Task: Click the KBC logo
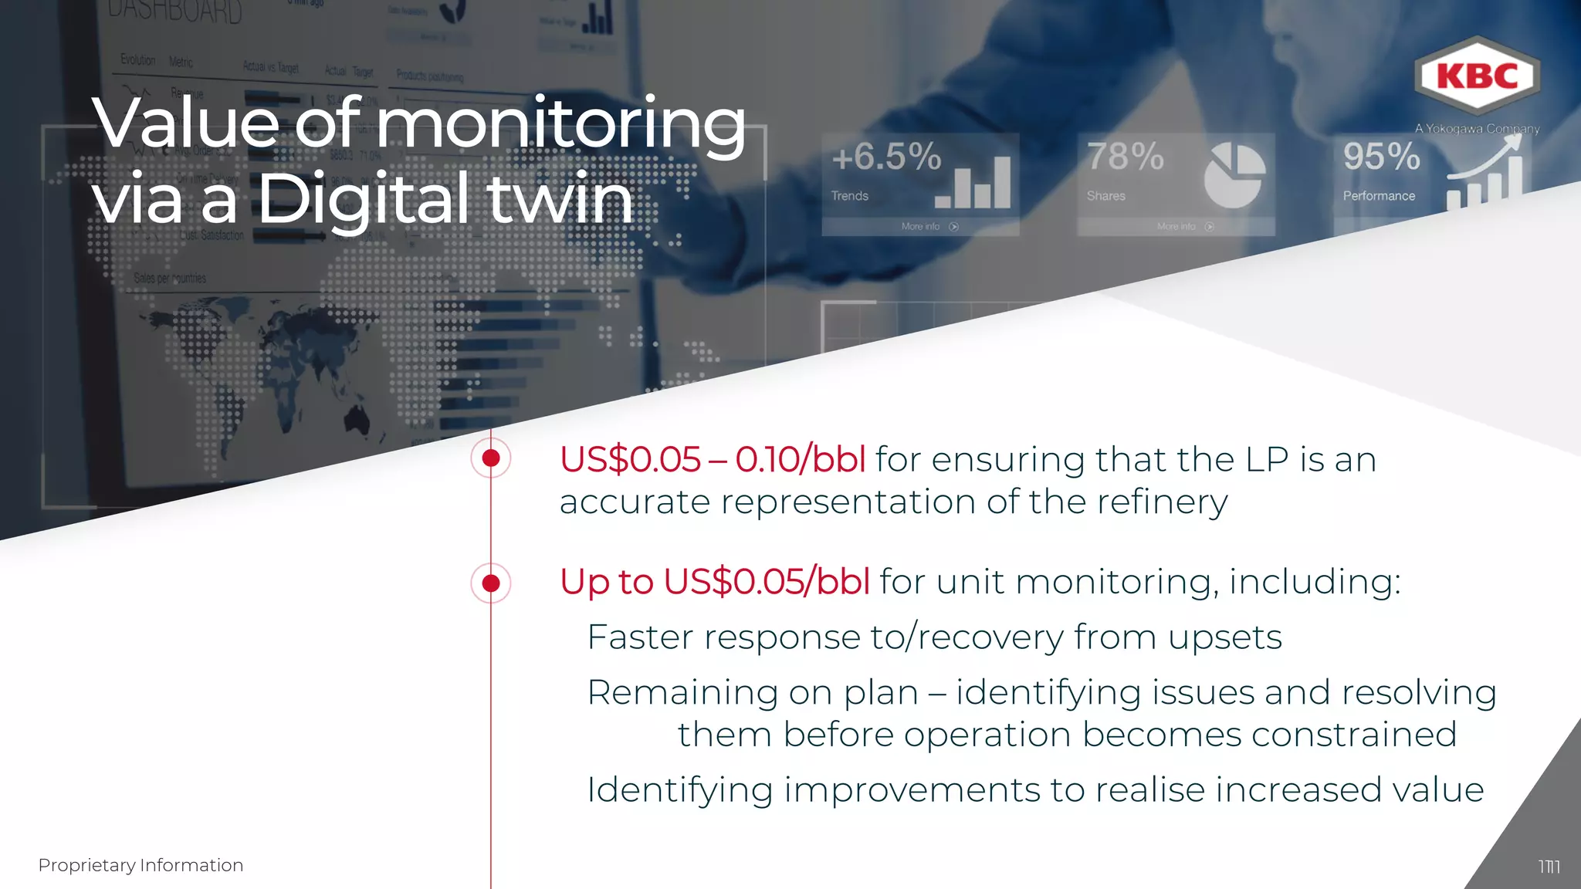(1478, 76)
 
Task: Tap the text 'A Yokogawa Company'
(1477, 129)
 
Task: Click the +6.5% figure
(886, 157)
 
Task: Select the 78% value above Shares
(1126, 157)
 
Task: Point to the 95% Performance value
(1381, 157)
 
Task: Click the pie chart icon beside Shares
(1234, 176)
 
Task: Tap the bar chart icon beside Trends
(974, 183)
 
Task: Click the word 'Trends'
(849, 196)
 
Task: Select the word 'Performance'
(1379, 196)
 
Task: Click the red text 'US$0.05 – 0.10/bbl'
(712, 460)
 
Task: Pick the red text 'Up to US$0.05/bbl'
(715, 582)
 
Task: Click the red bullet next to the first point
(491, 458)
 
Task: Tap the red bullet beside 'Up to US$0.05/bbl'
(491, 583)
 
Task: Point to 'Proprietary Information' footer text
(140, 865)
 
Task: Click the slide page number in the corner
(1549, 867)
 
